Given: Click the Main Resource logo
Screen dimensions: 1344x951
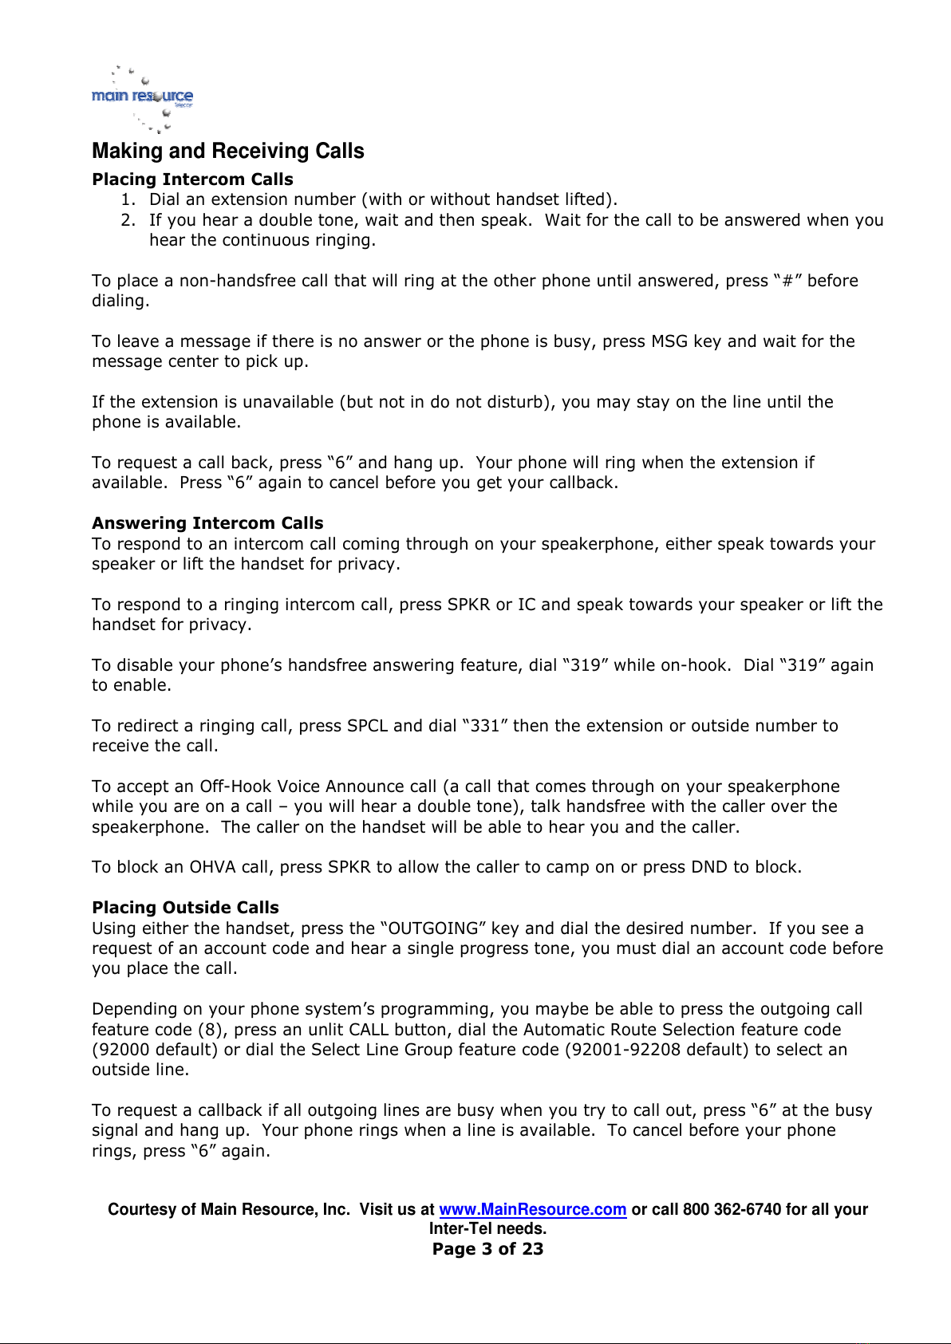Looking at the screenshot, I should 143,98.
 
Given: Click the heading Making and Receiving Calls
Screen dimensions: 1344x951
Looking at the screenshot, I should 228,151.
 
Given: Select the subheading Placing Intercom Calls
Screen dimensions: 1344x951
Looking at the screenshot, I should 192,179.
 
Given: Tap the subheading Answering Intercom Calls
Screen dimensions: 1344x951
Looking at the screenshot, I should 207,523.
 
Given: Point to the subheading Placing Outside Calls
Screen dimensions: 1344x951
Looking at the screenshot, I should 185,908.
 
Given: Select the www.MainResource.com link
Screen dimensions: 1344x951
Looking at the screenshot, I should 532,1209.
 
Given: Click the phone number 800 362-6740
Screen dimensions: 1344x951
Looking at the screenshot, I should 732,1209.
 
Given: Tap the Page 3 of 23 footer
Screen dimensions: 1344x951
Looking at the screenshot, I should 487,1249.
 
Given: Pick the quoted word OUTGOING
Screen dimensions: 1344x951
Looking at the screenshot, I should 434,928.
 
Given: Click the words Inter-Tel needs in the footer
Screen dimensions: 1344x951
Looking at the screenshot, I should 487,1228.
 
